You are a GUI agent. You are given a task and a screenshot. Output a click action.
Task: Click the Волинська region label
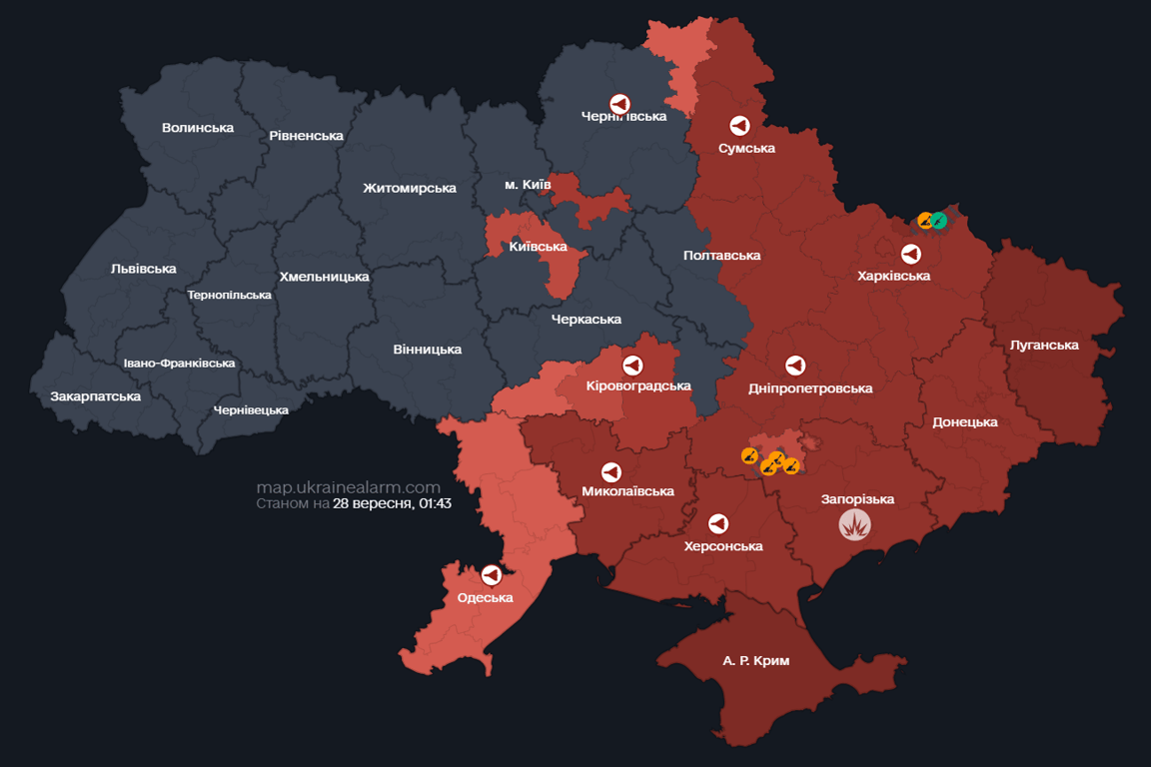[x=198, y=128]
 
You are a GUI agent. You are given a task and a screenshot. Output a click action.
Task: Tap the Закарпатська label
[x=96, y=396]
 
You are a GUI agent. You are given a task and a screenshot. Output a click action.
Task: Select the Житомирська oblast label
[x=410, y=188]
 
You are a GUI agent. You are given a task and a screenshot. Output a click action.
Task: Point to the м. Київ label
[x=528, y=185]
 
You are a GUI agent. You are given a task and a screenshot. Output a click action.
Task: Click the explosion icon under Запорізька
[x=855, y=524]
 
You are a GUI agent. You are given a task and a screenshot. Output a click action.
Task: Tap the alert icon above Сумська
[x=739, y=126]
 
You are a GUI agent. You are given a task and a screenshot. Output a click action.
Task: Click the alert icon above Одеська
[x=491, y=575]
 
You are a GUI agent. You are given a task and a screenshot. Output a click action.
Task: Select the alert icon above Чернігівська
[x=619, y=104]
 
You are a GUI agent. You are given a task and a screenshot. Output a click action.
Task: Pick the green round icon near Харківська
[x=939, y=220]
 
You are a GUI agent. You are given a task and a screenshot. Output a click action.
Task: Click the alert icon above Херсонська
[x=718, y=523]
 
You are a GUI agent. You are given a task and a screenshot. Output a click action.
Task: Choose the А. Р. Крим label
[x=755, y=661]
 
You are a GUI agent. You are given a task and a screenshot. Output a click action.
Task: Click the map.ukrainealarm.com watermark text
[x=348, y=487]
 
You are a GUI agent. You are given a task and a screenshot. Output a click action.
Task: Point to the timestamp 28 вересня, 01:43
[x=392, y=503]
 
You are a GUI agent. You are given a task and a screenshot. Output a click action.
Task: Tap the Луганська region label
[x=1044, y=345]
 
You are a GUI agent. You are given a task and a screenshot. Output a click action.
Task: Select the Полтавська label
[x=721, y=256]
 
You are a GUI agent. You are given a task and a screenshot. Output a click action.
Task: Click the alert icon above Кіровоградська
[x=631, y=365]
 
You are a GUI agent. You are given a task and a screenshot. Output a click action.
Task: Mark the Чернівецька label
[x=251, y=409]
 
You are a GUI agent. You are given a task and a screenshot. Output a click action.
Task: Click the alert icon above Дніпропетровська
[x=795, y=366]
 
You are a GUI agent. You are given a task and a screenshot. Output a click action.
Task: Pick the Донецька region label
[x=965, y=422]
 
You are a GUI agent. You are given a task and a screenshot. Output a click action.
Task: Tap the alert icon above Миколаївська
[x=610, y=471]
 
